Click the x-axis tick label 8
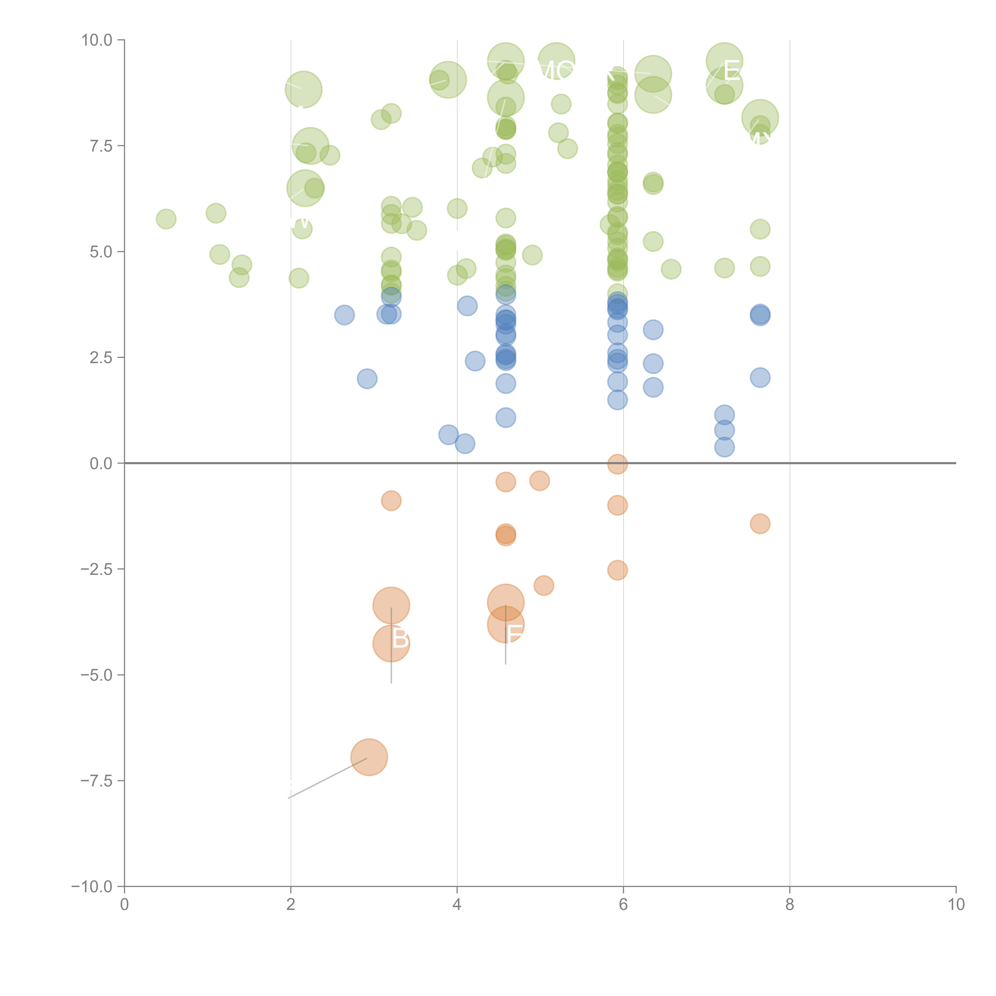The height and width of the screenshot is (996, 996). (x=789, y=905)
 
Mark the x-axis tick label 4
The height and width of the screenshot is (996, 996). (x=457, y=905)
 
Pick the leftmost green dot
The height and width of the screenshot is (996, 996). (x=166, y=219)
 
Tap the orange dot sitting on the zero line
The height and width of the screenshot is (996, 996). (x=617, y=464)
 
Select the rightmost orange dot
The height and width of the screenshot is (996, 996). (x=760, y=524)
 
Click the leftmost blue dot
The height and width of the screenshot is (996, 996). (x=344, y=315)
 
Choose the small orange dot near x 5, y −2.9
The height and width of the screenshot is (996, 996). (x=543, y=586)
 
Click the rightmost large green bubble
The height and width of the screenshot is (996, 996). (x=760, y=118)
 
